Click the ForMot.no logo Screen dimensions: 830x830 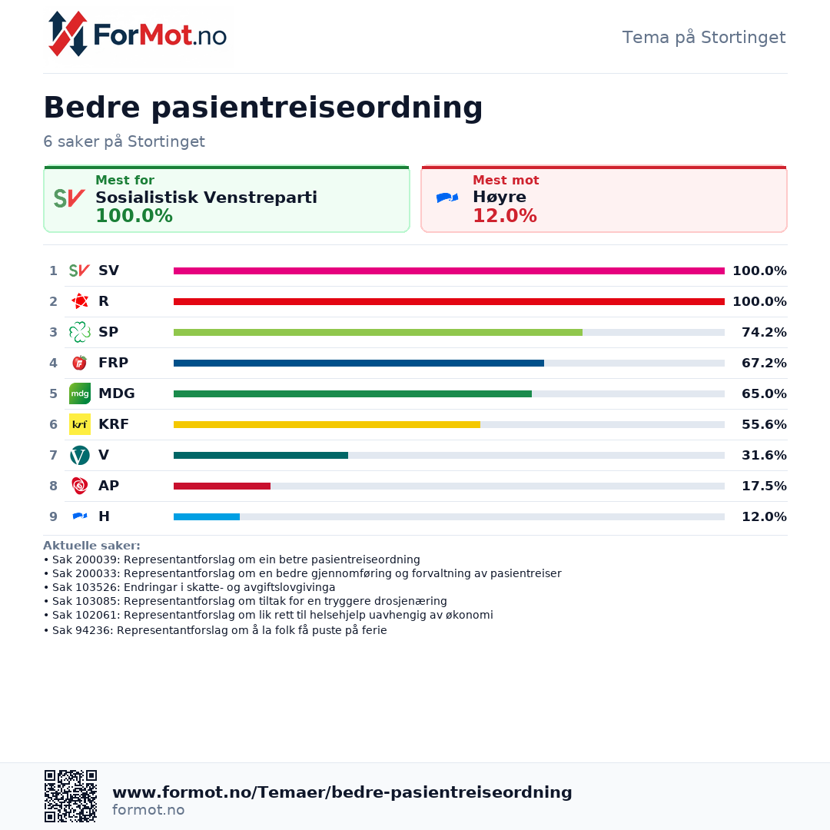coord(137,35)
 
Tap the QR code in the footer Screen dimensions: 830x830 coord(71,796)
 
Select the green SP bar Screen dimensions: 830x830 coord(378,333)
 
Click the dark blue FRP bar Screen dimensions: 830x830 coord(359,363)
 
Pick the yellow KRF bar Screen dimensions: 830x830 coord(327,424)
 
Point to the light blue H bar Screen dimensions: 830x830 coord(207,516)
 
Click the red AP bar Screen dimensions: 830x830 coord(222,486)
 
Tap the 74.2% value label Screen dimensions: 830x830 coord(764,332)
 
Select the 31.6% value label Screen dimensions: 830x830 coord(764,455)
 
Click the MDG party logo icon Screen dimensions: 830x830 coord(80,393)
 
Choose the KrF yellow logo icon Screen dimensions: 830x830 coord(80,424)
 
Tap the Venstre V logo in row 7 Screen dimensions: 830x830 coord(80,455)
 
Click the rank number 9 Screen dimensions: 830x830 coord(54,516)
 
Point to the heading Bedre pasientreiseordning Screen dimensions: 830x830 coord(263,108)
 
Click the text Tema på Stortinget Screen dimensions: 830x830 coord(703,37)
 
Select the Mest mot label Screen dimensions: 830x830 coord(506,180)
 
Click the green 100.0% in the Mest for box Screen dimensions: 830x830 coord(134,215)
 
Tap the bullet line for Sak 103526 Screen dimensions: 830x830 coord(190,587)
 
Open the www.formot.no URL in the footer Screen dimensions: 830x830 coord(342,792)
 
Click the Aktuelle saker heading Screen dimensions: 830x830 coord(91,545)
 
